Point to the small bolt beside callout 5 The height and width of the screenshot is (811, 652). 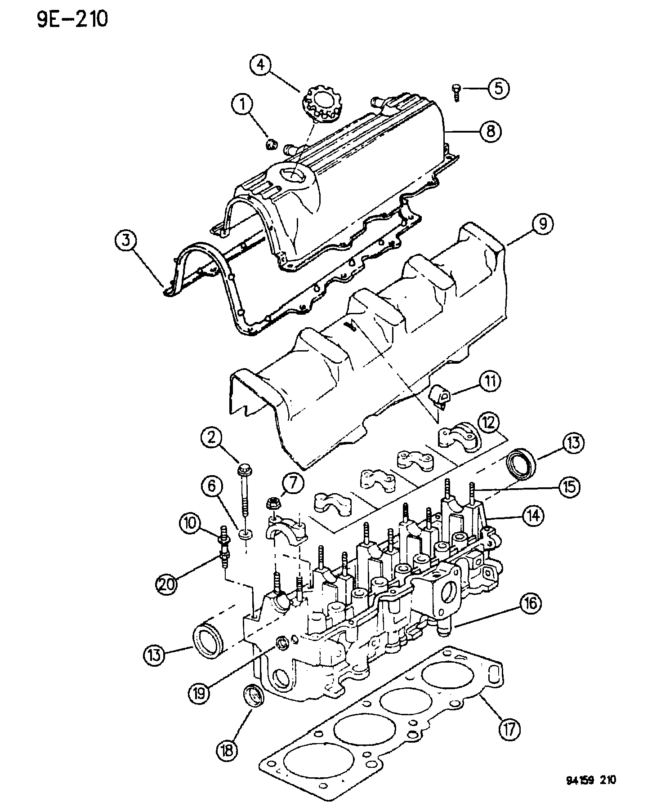[456, 93]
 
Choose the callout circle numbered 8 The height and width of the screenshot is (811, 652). [490, 131]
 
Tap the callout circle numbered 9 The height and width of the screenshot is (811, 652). [542, 224]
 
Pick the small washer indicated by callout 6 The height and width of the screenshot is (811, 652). [246, 535]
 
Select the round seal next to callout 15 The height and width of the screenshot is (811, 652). [522, 463]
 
